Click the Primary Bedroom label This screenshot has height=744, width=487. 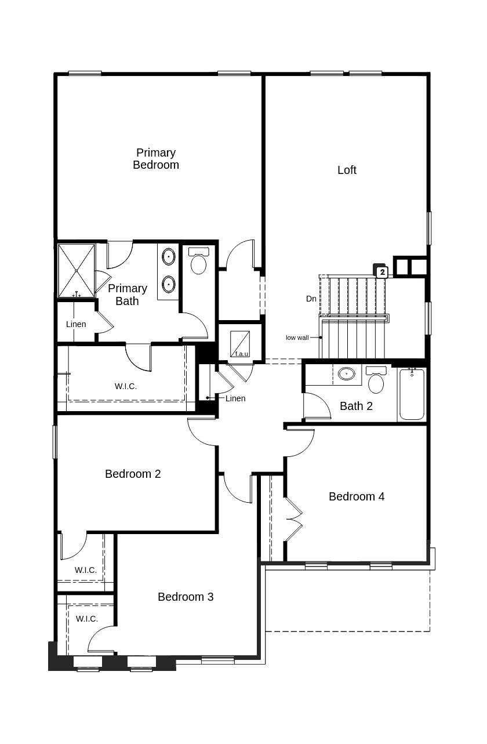click(x=156, y=159)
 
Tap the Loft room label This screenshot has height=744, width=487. click(x=347, y=170)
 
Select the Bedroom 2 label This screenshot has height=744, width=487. click(x=133, y=474)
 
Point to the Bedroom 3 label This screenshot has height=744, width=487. click(x=186, y=597)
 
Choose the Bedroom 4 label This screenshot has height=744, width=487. click(x=356, y=496)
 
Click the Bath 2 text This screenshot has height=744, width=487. click(x=356, y=406)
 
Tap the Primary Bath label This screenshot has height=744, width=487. click(x=128, y=295)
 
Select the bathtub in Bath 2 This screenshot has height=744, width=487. click(x=412, y=394)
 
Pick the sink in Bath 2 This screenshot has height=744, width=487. click(x=347, y=374)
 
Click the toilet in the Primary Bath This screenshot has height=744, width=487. click(x=199, y=262)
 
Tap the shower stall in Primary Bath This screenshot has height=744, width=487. click(x=77, y=271)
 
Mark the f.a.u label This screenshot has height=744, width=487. click(x=241, y=354)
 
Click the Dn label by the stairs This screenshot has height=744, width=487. click(x=311, y=299)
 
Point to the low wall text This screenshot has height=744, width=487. click(x=297, y=337)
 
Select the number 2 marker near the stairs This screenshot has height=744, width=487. click(x=381, y=271)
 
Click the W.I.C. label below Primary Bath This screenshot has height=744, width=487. click(x=126, y=386)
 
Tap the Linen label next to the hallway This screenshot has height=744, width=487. click(x=235, y=398)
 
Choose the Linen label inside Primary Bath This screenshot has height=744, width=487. click(x=76, y=324)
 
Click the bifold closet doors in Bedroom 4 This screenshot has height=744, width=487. click(x=293, y=520)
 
